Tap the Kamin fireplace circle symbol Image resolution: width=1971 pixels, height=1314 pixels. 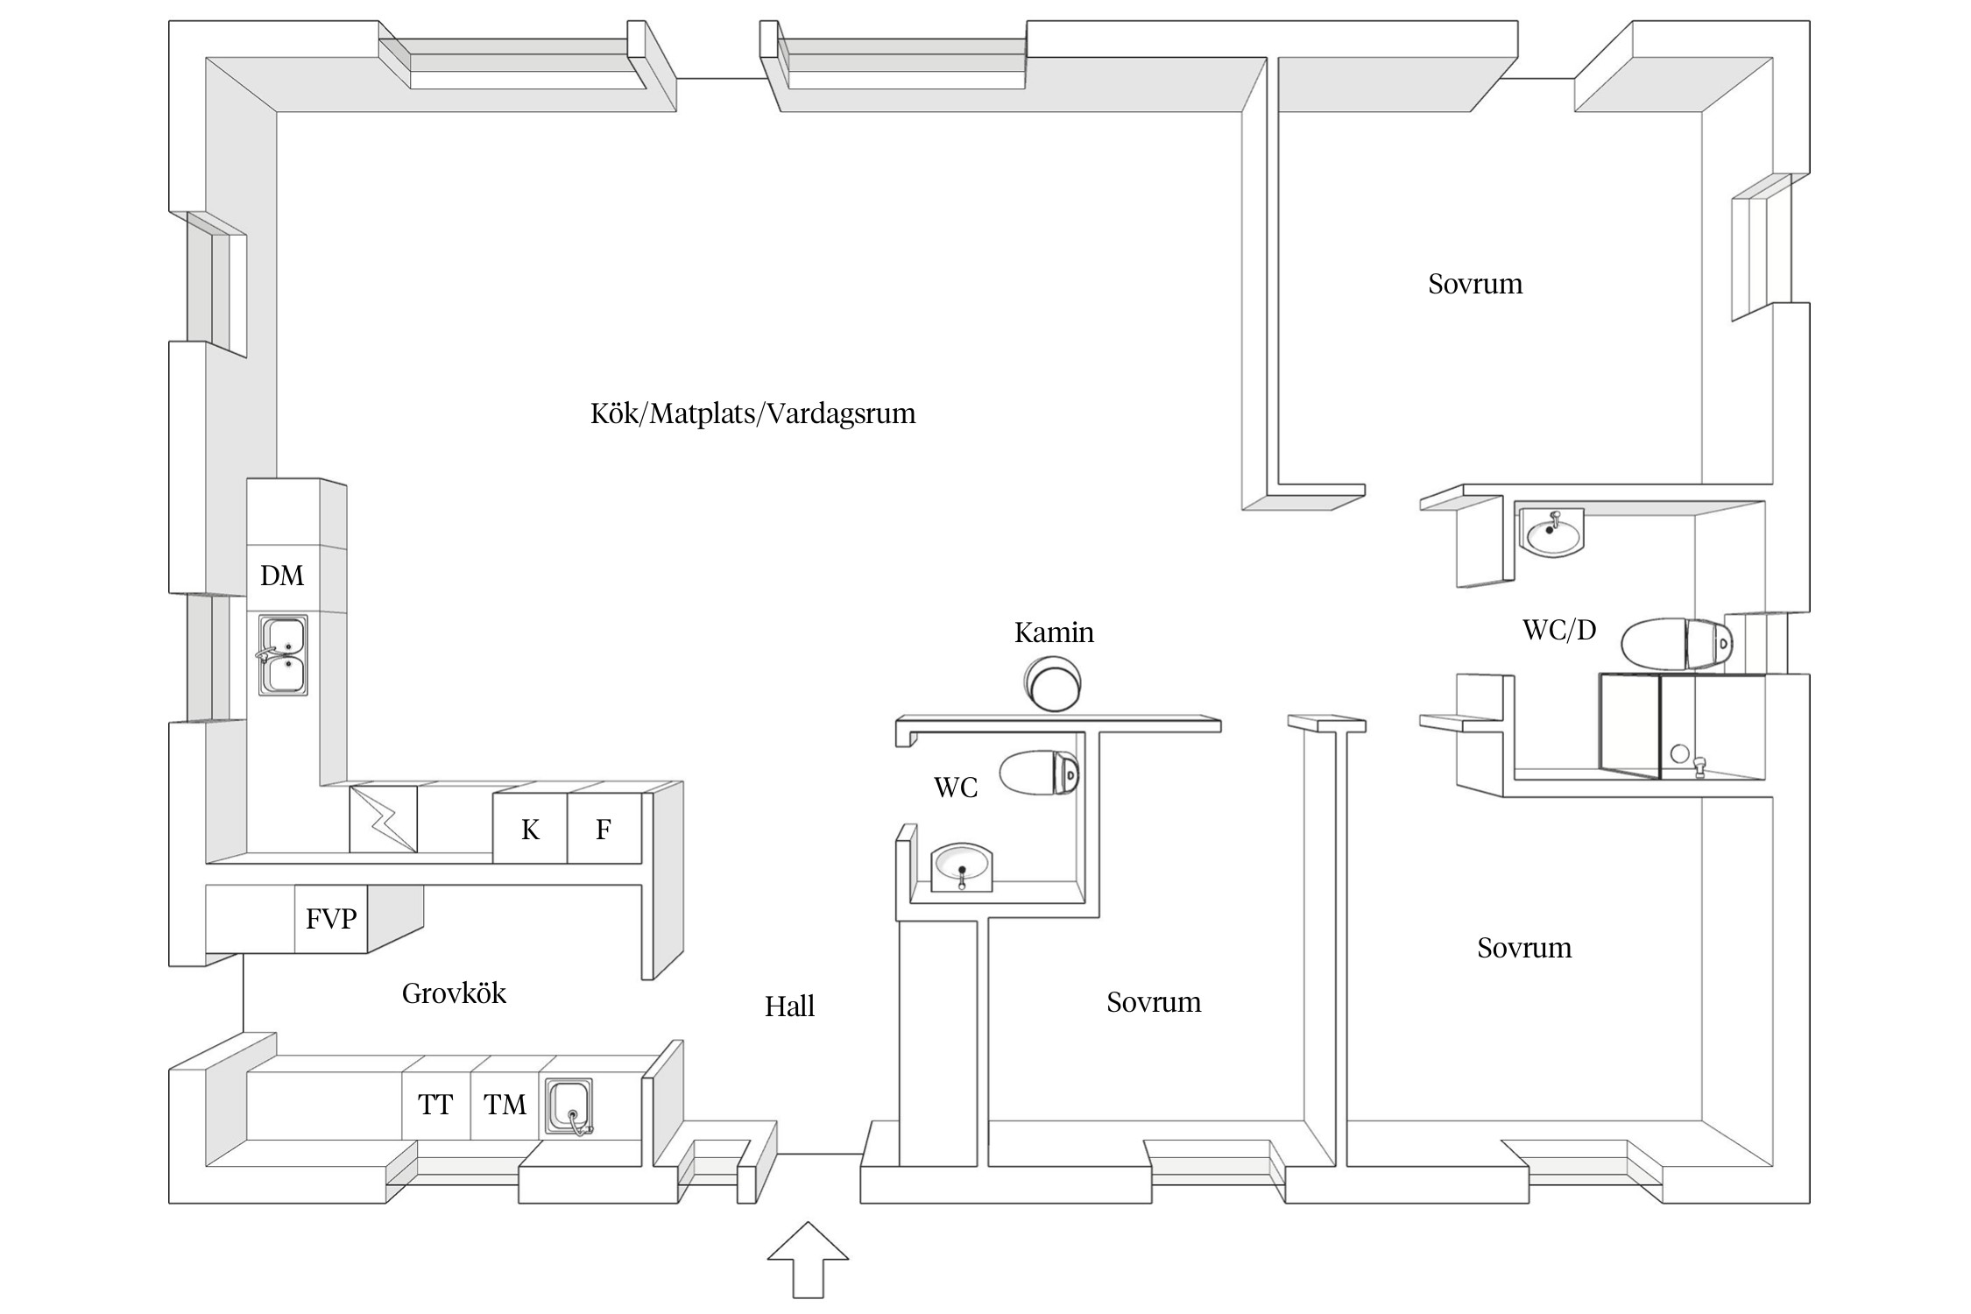pos(1054,685)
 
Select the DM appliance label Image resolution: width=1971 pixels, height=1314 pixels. pos(282,576)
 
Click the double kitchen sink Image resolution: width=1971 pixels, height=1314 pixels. pos(283,655)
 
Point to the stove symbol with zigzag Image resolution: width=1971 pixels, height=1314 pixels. pos(383,819)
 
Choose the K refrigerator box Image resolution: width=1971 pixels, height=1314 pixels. pos(530,829)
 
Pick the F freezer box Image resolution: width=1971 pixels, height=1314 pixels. pos(604,829)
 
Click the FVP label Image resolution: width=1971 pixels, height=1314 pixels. pos(331,919)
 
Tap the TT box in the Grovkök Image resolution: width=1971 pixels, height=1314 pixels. pos(435,1106)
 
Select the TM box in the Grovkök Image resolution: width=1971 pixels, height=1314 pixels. pos(505,1106)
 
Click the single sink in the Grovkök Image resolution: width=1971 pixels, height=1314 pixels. pos(569,1106)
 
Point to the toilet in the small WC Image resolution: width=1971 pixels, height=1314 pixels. pos(1039,773)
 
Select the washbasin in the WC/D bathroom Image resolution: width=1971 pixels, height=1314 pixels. pos(1552,532)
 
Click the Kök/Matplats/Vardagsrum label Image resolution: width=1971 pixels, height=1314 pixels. pos(752,413)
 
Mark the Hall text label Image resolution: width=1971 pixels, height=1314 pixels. pos(789,1007)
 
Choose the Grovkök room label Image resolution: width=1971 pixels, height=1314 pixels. pos(454,993)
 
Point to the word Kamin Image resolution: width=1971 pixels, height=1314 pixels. pos(1054,632)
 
